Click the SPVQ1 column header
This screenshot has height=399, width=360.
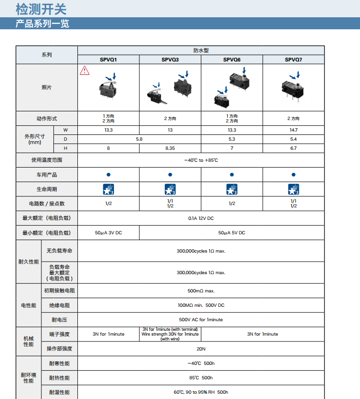click(109, 60)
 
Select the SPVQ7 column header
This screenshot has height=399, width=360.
click(293, 60)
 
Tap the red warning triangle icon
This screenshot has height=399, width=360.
click(85, 71)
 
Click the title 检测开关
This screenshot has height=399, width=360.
click(41, 9)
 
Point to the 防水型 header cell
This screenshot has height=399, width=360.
click(201, 50)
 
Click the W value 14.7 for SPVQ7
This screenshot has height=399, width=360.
click(293, 130)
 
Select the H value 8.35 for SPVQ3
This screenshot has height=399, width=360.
click(170, 148)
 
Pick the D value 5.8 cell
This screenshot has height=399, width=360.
click(139, 139)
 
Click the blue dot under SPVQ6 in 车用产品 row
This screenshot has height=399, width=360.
click(232, 175)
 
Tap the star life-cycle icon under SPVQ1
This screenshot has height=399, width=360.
click(109, 189)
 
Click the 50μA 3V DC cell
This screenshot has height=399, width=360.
click(109, 232)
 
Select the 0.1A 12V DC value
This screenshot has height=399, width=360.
click(201, 218)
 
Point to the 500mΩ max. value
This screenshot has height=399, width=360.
click(201, 290)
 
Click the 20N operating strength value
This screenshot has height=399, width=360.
click(201, 349)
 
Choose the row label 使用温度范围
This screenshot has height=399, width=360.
click(47, 160)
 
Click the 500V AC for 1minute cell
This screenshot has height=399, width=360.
click(201, 319)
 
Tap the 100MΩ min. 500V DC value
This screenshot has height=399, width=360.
click(201, 305)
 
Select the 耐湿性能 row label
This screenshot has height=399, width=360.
click(60, 392)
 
